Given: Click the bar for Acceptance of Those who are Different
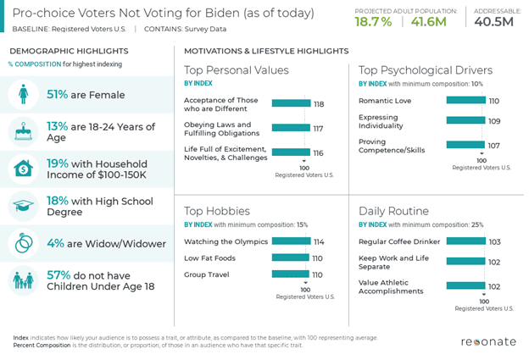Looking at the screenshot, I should click(x=291, y=103).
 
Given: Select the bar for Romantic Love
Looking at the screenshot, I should click(x=465, y=100).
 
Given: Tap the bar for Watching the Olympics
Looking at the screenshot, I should click(x=290, y=241).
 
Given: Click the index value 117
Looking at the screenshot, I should click(x=318, y=129).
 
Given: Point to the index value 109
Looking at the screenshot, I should click(x=494, y=121).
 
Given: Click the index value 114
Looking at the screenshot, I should click(x=318, y=241).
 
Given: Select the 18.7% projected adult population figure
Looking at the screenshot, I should click(x=373, y=21).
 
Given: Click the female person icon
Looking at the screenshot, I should click(x=23, y=95).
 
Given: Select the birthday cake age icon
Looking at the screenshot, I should click(x=23, y=131).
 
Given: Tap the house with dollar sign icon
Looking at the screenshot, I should click(x=23, y=169).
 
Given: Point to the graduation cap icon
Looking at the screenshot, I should click(x=23, y=206).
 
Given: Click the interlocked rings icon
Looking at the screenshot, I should click(x=23, y=243).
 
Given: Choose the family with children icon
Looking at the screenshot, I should click(x=23, y=280).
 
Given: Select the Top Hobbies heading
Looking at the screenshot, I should click(x=217, y=210).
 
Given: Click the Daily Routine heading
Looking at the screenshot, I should click(x=393, y=210).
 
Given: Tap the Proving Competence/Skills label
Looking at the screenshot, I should click(x=392, y=145).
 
